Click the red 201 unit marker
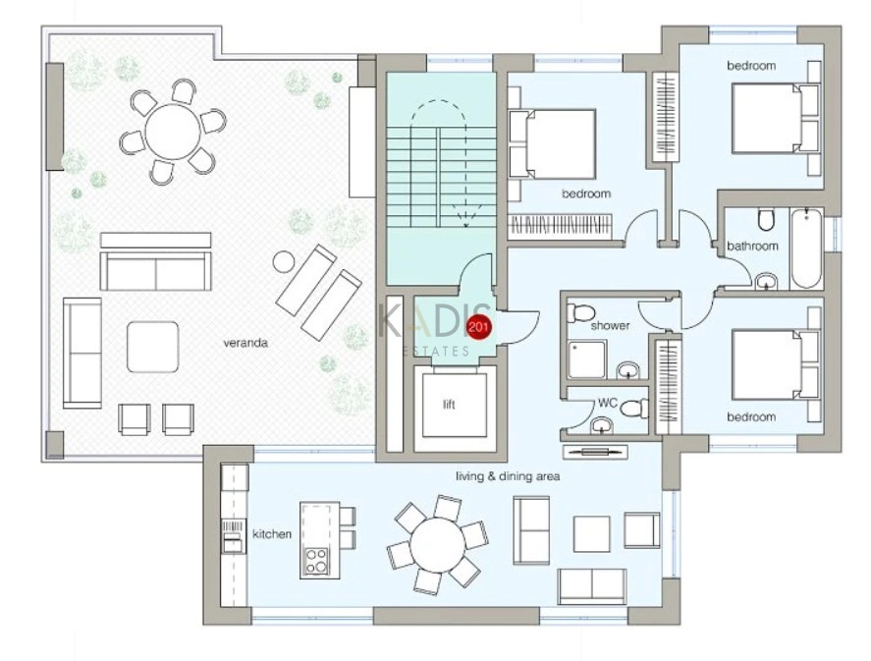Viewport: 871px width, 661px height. (x=478, y=326)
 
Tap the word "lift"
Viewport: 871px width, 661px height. (x=449, y=405)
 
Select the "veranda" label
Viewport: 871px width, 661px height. (x=245, y=343)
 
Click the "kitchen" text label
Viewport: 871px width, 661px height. (x=272, y=533)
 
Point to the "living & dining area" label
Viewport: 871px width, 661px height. (x=508, y=476)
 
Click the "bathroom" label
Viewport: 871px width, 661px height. (x=753, y=246)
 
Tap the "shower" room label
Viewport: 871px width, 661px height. (x=610, y=325)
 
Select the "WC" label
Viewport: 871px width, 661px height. (x=608, y=402)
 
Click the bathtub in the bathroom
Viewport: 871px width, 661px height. (x=806, y=248)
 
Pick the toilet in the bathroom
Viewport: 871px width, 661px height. (x=766, y=219)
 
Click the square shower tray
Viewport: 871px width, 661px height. (x=586, y=359)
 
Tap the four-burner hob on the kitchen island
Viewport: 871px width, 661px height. (x=316, y=561)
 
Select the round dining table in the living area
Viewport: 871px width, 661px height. (x=438, y=544)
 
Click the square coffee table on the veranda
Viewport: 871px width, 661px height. (x=153, y=347)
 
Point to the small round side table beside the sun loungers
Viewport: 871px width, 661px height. (x=284, y=261)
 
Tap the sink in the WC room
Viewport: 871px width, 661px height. (x=602, y=425)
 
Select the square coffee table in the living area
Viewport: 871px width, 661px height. (x=591, y=533)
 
